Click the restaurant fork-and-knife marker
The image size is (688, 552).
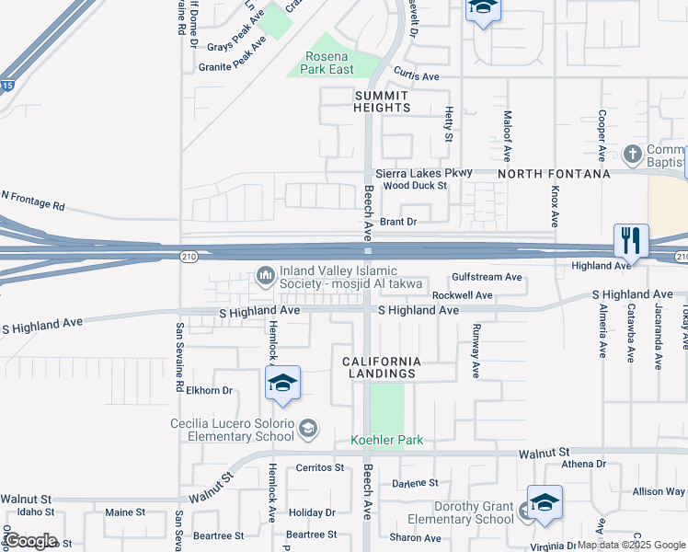pyautogui.click(x=631, y=241)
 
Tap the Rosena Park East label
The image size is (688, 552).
pyautogui.click(x=329, y=63)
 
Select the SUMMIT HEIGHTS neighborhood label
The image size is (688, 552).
pyautogui.click(x=382, y=101)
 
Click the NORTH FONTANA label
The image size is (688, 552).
pyautogui.click(x=555, y=173)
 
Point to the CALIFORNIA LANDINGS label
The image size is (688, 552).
pyautogui.click(x=384, y=368)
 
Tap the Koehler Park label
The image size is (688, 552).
pyautogui.click(x=386, y=441)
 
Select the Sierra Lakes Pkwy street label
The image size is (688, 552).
pyautogui.click(x=423, y=172)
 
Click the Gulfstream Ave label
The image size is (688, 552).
pyautogui.click(x=487, y=277)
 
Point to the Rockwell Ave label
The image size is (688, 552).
pyautogui.click(x=463, y=295)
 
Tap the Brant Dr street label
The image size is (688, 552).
pyautogui.click(x=398, y=222)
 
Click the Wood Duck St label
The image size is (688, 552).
pyautogui.click(x=415, y=186)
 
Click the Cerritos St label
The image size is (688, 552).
pyautogui.click(x=319, y=467)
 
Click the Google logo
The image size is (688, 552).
pyautogui.click(x=29, y=541)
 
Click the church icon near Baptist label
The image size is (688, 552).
pyautogui.click(x=633, y=153)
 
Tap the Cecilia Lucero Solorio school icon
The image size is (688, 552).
pyautogui.click(x=309, y=427)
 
